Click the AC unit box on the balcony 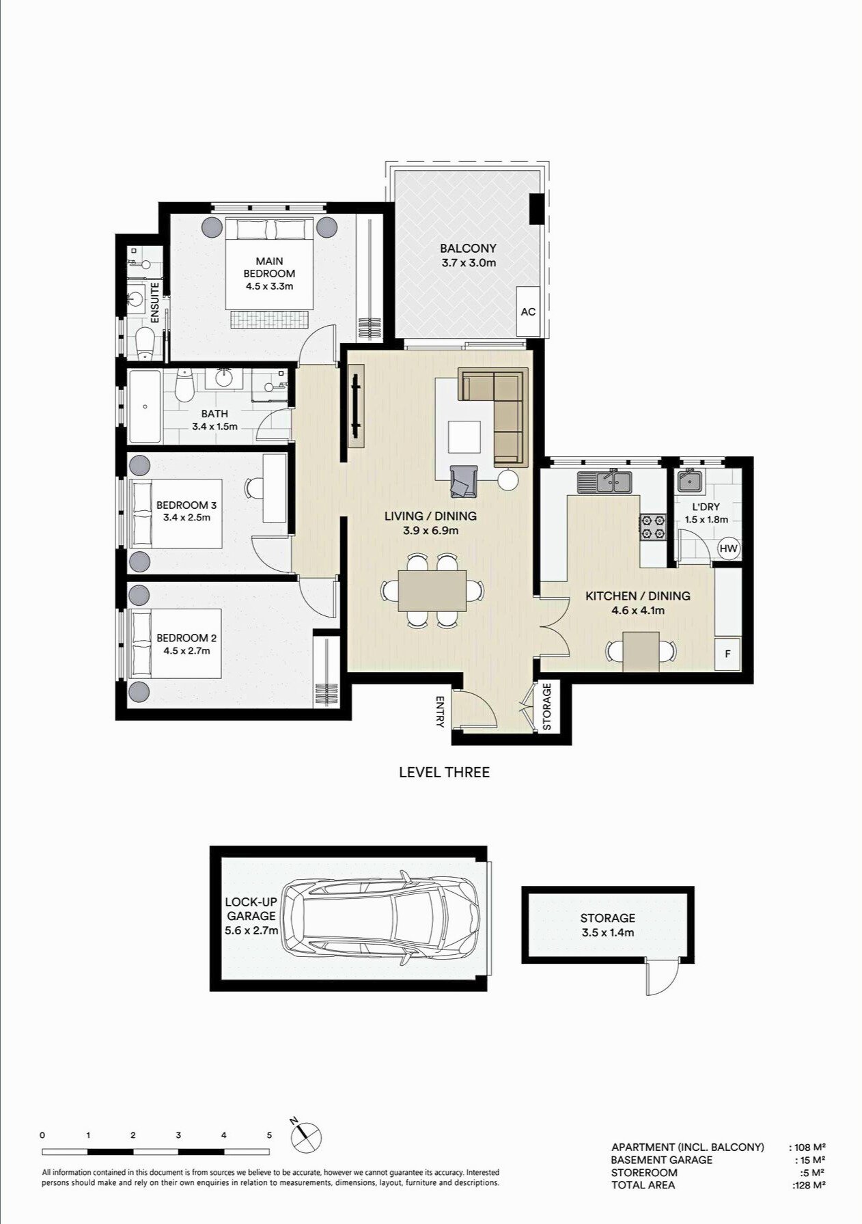528,311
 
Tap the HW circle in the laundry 728,548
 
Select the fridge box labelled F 727,654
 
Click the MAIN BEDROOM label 269,267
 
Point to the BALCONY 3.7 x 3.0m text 468,255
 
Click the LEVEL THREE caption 444,773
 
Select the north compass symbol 305,1135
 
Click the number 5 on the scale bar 269,1135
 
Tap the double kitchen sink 605,482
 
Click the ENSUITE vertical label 155,303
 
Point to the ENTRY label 439,712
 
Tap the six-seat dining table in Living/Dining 433,590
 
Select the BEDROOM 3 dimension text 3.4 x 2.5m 186,517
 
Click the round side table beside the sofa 508,480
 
